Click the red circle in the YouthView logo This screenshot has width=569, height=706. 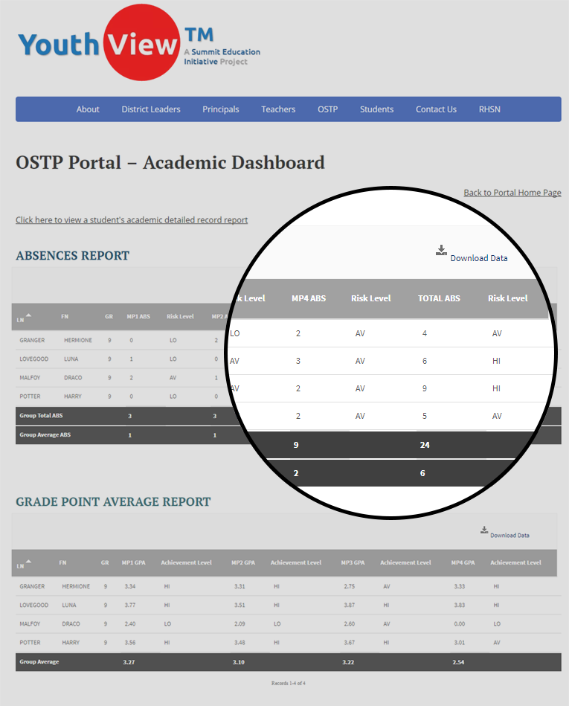pyautogui.click(x=142, y=42)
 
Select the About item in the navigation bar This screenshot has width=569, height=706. pyautogui.click(x=88, y=109)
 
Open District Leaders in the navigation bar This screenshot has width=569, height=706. pyautogui.click(x=151, y=109)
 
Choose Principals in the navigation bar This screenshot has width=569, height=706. pyautogui.click(x=221, y=109)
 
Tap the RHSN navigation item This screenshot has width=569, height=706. pyautogui.click(x=489, y=109)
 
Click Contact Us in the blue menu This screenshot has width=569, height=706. pyautogui.click(x=436, y=109)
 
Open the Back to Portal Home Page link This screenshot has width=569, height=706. pyautogui.click(x=512, y=193)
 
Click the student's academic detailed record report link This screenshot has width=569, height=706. pyautogui.click(x=132, y=220)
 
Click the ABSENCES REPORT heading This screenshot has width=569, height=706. pyautogui.click(x=73, y=256)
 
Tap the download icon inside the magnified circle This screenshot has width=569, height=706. pyautogui.click(x=441, y=251)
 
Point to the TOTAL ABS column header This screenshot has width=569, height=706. pyautogui.click(x=439, y=298)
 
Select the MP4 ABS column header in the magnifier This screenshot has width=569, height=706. pyautogui.click(x=309, y=298)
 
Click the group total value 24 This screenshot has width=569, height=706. pyautogui.click(x=425, y=445)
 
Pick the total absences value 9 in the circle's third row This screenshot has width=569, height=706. pyautogui.click(x=425, y=388)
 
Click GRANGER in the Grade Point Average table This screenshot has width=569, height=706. pyautogui.click(x=33, y=586)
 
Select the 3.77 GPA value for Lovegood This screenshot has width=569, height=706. pyautogui.click(x=129, y=606)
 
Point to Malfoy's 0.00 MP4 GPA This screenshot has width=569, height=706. pyautogui.click(x=460, y=624)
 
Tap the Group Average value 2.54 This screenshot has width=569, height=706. pyautogui.click(x=459, y=661)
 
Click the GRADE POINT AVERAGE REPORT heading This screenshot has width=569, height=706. pyautogui.click(x=113, y=502)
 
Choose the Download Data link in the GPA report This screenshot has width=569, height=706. pyautogui.click(x=509, y=535)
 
